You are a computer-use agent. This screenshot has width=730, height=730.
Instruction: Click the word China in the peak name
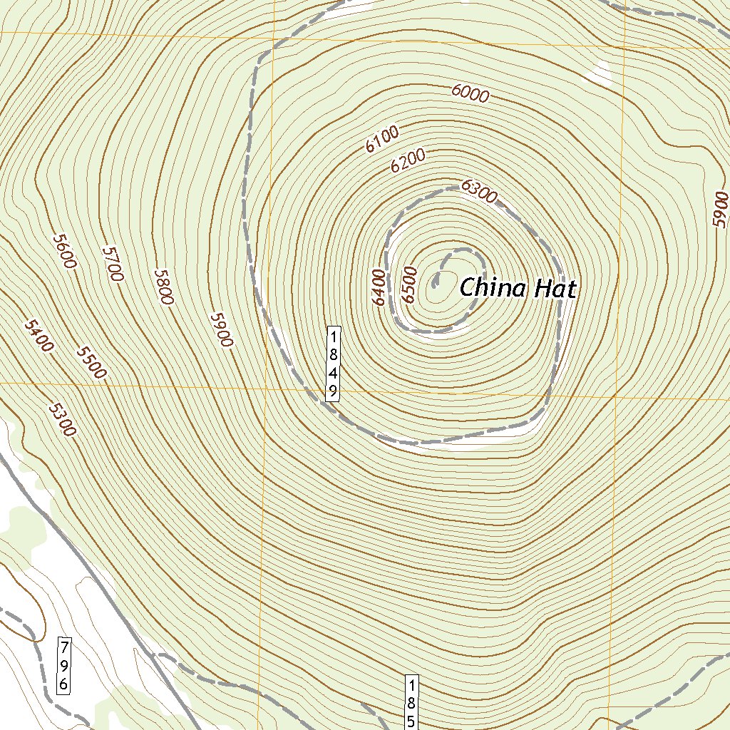coord(493,288)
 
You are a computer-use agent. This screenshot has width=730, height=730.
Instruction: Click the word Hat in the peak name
coord(553,288)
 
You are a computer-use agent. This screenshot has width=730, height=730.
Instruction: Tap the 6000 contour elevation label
coord(470,93)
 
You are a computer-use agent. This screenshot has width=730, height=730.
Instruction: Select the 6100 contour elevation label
coord(381,138)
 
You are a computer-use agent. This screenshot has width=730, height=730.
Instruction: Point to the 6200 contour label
coord(408,161)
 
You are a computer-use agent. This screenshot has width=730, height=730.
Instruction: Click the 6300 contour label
coord(478,192)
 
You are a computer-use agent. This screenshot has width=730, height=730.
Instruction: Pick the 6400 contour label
coord(379,287)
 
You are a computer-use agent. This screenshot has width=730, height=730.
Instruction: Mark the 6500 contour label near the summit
coord(408,284)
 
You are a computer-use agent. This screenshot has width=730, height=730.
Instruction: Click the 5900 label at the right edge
coord(721,210)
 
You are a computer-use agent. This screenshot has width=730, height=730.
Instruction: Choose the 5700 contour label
coord(113,264)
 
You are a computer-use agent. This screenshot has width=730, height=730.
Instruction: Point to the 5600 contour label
coord(63,251)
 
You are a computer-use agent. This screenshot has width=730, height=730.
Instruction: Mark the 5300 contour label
coord(62,419)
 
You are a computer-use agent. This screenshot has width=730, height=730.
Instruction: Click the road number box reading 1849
coord(332,364)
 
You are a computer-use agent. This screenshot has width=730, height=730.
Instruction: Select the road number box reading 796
coord(63,666)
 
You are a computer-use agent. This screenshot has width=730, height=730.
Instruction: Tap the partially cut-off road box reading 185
coord(411,702)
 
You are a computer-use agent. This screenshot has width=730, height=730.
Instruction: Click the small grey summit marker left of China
coord(435,282)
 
